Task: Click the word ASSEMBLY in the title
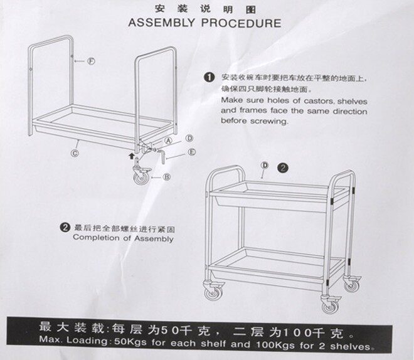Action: coord(161,23)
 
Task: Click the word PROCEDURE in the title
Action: coord(242,23)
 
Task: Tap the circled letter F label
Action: coord(92,61)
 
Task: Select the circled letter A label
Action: coord(169,140)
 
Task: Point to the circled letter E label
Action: coord(192,152)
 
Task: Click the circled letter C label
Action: coord(75,153)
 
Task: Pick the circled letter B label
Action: coord(167,177)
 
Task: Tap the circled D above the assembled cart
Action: coord(265,166)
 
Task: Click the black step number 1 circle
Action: coord(209,78)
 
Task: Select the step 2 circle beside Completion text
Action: coord(65,228)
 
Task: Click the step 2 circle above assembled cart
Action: coord(283,168)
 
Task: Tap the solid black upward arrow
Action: coord(131,156)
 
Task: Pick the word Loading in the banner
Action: coord(87,341)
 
